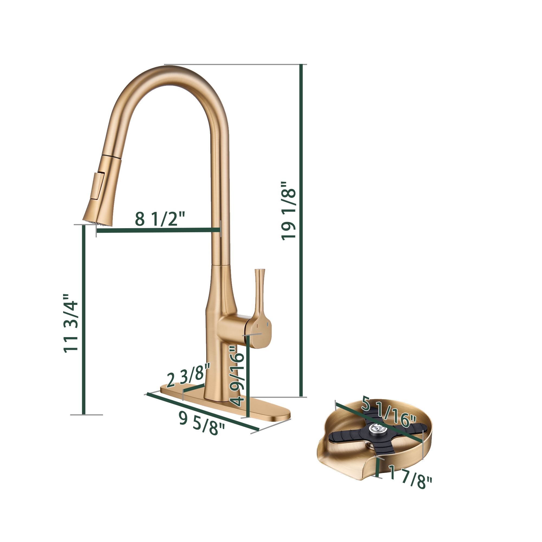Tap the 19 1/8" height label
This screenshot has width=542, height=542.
coord(289,210)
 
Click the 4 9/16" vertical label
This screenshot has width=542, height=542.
coord(237,376)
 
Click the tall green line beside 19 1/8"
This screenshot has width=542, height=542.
coord(301,230)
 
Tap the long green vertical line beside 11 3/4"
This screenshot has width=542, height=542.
coord(83,320)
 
